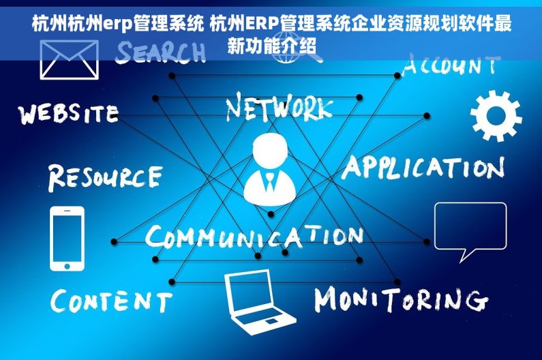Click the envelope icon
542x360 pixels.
[x=69, y=59]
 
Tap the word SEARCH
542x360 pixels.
[x=160, y=52]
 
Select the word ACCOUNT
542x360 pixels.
[x=451, y=64]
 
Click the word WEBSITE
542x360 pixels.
[x=69, y=113]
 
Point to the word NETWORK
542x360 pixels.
[x=280, y=106]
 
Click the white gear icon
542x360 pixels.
[x=496, y=116]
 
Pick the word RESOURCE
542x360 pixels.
[x=106, y=177]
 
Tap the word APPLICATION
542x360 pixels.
[x=423, y=168]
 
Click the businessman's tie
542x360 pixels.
[x=269, y=183]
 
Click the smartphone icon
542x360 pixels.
[x=67, y=239]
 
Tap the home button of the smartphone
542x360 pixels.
[x=67, y=267]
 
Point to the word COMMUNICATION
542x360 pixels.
[x=254, y=236]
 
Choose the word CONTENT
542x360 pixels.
[x=111, y=301]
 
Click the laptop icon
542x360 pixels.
[x=259, y=303]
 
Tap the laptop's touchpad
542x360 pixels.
[x=271, y=322]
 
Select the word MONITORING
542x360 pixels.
[x=402, y=299]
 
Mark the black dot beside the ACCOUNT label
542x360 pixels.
[x=397, y=76]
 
